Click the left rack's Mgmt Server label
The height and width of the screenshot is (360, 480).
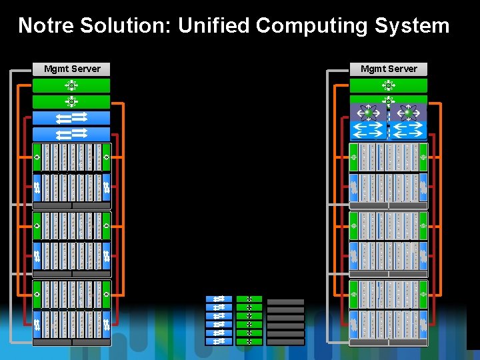coord(71,69)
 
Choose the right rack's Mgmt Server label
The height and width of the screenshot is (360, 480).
coord(389,69)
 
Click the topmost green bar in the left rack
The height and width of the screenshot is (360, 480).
coord(71,85)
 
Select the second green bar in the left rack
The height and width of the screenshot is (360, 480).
coord(71,101)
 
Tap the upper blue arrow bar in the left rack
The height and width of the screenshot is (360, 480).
coord(71,118)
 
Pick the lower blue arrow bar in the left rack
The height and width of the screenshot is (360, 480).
coord(71,134)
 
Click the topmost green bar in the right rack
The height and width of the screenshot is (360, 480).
coord(389,85)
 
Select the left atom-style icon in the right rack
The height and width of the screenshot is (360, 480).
coord(369,112)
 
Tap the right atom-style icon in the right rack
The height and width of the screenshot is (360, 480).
coord(408,112)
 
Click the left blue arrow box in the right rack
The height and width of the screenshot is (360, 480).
coord(369,130)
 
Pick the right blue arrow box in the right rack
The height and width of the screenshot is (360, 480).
coord(408,130)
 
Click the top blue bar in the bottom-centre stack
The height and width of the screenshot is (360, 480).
coord(219,299)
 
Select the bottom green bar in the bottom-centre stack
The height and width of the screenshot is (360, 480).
coord(249,341)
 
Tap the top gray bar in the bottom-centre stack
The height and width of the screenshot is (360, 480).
coord(285,302)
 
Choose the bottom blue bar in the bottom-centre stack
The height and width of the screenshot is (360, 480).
coord(219,341)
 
